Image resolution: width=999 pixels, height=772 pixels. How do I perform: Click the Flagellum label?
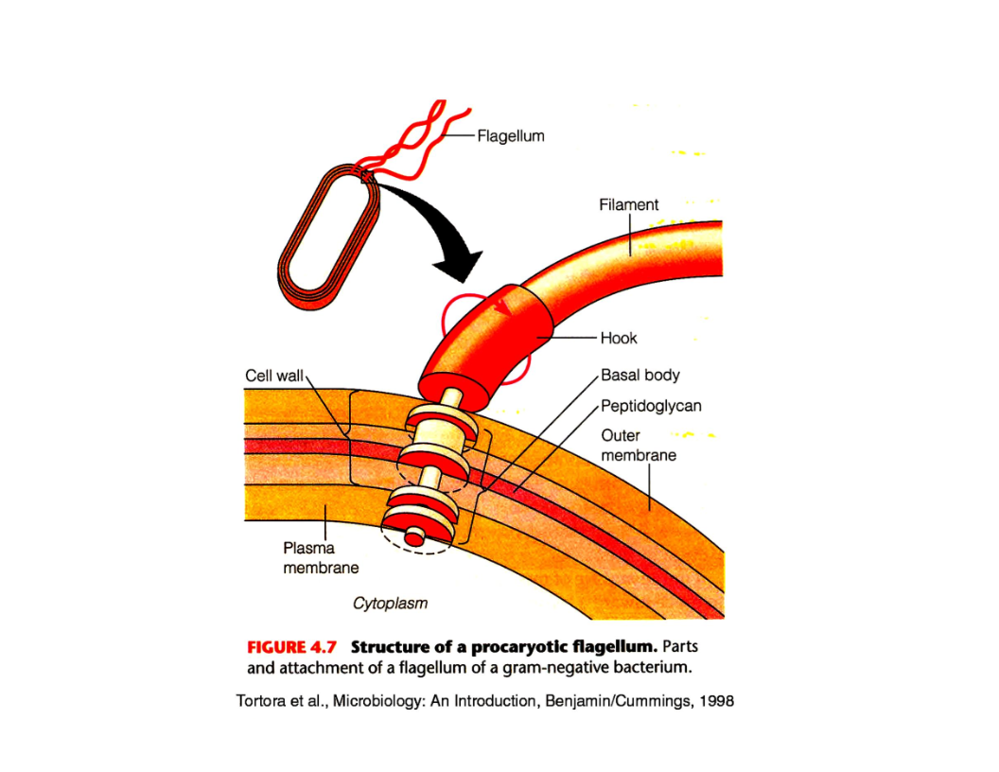coord(510,136)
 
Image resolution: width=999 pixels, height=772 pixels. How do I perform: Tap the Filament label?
coord(628,204)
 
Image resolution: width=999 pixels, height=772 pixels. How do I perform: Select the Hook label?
coord(619,338)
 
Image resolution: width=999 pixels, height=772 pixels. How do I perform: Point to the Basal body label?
coord(640,376)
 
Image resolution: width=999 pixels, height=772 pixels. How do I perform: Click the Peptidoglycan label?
coord(651,406)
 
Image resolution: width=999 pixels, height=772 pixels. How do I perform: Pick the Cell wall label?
coord(273,376)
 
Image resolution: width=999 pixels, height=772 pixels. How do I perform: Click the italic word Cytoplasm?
coord(390,602)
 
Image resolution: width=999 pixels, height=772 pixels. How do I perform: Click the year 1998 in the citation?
coord(716,703)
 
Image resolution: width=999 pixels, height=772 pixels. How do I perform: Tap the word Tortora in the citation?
coord(259,703)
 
